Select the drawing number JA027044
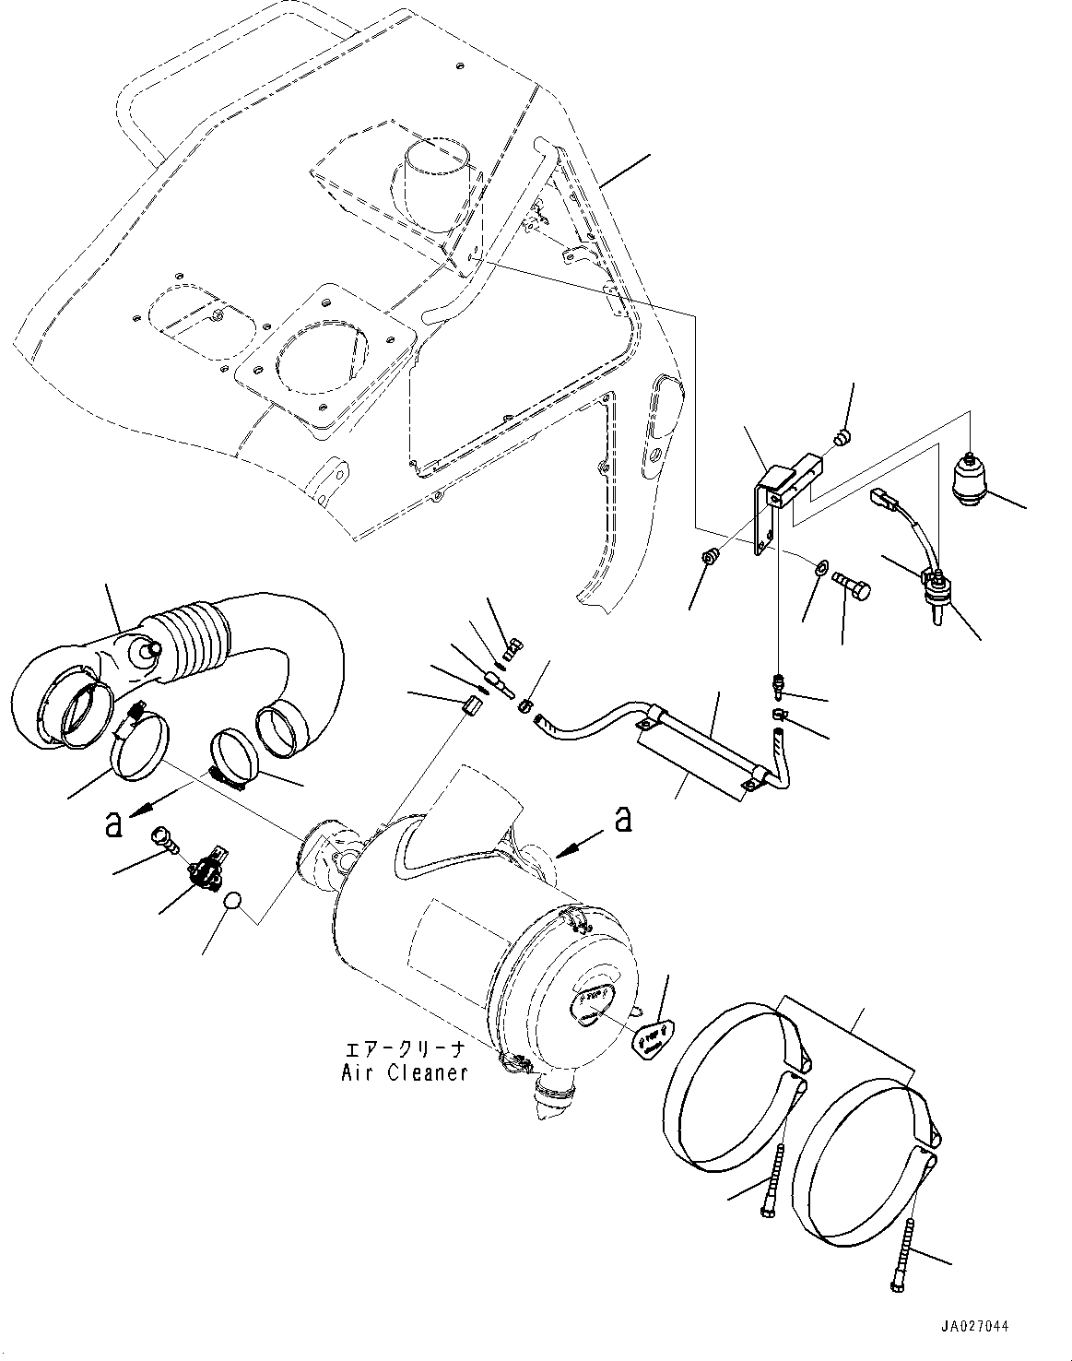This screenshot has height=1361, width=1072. tap(974, 1327)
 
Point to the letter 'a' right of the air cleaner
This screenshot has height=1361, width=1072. tap(623, 817)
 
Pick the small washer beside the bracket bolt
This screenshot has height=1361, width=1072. tap(819, 565)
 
